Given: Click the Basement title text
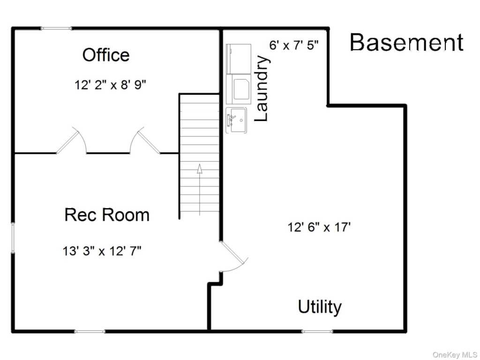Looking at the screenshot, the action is click(x=406, y=42).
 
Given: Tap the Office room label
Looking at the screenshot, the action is click(x=106, y=55).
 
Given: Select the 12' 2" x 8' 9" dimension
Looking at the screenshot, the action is click(x=110, y=84).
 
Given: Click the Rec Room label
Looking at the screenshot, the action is click(x=107, y=214).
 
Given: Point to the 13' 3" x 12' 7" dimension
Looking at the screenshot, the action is click(x=102, y=251).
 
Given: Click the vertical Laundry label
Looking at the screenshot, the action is click(x=262, y=88).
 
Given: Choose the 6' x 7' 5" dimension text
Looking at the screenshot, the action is click(x=294, y=45).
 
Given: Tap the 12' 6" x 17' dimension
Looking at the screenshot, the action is click(x=319, y=227).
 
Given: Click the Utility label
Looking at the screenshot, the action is click(x=320, y=307).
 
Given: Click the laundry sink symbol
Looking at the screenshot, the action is click(x=236, y=120).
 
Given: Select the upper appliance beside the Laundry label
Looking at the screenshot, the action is click(x=239, y=59).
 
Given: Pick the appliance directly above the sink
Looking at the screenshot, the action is click(x=239, y=89).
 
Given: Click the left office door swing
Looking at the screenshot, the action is click(x=72, y=140).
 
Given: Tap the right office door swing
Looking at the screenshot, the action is click(x=145, y=140).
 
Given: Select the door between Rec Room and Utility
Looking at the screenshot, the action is click(x=234, y=256).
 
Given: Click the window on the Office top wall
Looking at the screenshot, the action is click(x=57, y=29).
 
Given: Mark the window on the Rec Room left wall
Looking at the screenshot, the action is click(x=13, y=238).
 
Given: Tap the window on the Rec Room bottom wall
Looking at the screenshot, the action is click(x=90, y=331).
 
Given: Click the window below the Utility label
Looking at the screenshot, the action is click(x=317, y=331).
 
